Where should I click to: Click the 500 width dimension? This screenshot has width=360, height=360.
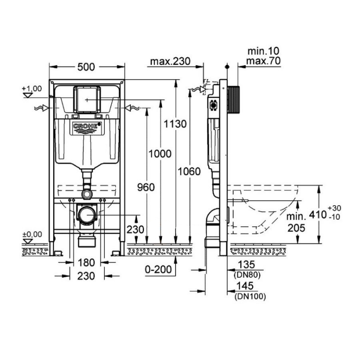86,67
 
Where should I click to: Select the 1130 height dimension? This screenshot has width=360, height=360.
175,124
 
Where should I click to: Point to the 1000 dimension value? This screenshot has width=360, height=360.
160,153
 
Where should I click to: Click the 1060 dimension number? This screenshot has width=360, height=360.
189,171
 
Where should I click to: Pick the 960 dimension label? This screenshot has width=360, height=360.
146,187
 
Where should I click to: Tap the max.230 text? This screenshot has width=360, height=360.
170,61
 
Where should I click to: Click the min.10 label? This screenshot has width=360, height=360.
263,51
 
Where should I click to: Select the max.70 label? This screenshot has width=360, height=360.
263,61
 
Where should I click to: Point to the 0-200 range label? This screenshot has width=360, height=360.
158,269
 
